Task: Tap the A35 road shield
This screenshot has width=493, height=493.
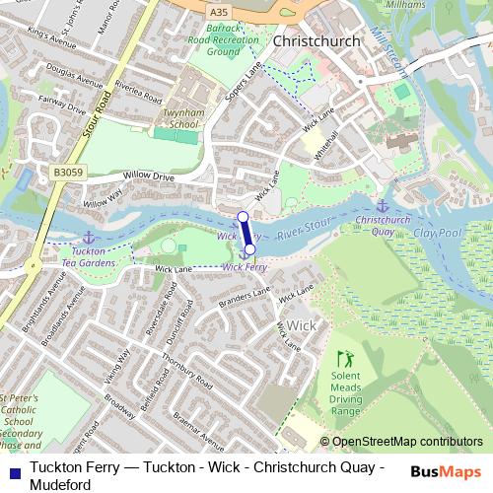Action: click(x=218, y=10)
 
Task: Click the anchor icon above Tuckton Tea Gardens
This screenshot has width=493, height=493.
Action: click(x=89, y=237)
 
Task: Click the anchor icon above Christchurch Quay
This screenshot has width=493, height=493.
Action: click(x=384, y=204)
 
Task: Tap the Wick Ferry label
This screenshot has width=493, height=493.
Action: click(x=246, y=266)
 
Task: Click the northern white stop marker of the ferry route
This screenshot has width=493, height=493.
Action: click(x=243, y=216)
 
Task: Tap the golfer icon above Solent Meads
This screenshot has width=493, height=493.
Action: click(x=344, y=360)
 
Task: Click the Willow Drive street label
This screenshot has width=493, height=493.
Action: click(x=149, y=176)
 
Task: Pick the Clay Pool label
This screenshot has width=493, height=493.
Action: click(x=438, y=236)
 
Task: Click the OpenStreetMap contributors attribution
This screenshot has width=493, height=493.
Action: click(x=406, y=443)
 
